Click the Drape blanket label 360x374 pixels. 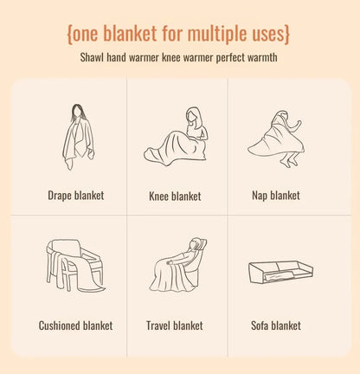75,196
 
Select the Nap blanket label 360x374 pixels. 275,196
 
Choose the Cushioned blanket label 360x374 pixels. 75,326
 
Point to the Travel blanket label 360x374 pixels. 175,326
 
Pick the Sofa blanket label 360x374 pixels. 275,326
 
